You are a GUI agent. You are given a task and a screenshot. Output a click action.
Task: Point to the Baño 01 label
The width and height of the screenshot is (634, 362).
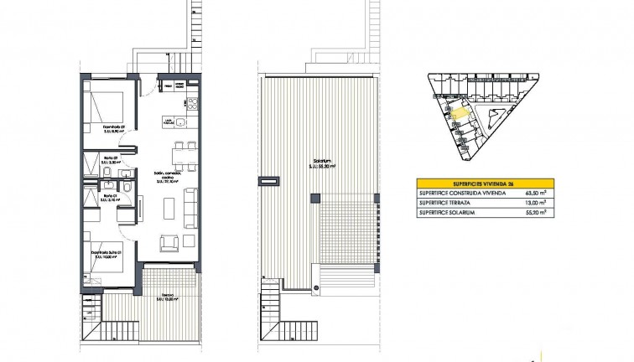coord(111,198)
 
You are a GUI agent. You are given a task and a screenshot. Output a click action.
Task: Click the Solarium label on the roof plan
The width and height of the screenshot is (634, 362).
coord(315,163)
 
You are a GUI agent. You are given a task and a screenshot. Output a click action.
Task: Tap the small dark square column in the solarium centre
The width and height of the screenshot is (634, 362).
coord(314,197)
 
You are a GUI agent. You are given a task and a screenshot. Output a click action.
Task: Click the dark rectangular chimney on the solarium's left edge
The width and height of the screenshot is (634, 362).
coord(270,179)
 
